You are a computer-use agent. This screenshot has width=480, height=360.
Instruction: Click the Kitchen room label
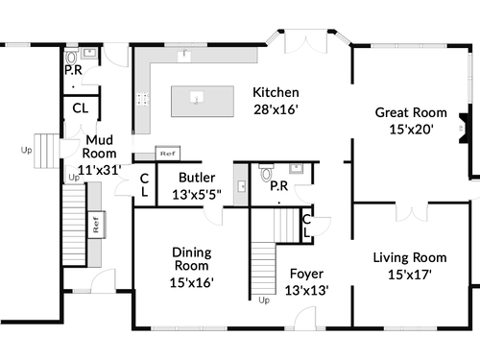tap(276, 92)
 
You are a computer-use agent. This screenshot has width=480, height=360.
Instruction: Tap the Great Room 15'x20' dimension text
tap(411, 130)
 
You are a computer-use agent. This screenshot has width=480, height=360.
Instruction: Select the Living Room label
tap(410, 257)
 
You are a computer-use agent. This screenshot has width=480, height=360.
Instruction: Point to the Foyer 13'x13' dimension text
tap(306, 290)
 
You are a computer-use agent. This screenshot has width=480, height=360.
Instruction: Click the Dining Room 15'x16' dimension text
tap(191, 282)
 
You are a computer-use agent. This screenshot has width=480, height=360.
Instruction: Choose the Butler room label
tap(197, 178)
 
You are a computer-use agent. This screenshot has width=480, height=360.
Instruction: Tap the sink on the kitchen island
tap(196, 97)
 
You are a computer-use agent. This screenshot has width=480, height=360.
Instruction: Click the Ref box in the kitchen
tap(168, 154)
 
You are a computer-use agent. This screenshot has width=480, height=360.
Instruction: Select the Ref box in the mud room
tap(96, 225)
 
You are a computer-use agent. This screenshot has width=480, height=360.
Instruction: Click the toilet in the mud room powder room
tap(71, 57)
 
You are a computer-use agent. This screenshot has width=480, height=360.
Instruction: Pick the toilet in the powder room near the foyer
tap(266, 173)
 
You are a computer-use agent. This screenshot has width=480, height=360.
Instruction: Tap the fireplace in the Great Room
tap(465, 128)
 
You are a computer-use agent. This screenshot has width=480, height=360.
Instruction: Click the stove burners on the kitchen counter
tap(143, 99)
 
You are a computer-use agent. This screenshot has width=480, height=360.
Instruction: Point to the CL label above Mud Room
tap(81, 108)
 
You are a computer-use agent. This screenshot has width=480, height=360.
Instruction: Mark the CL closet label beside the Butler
tap(144, 185)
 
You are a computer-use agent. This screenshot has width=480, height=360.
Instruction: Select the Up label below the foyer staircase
tap(264, 300)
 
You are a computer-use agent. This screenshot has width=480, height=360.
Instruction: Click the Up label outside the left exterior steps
tap(26, 150)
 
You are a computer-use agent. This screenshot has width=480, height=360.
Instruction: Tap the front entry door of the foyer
tap(305, 318)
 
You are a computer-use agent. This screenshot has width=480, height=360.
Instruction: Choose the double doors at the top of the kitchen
tap(306, 41)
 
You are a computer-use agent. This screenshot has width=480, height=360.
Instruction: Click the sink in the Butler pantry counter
tap(242, 186)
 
